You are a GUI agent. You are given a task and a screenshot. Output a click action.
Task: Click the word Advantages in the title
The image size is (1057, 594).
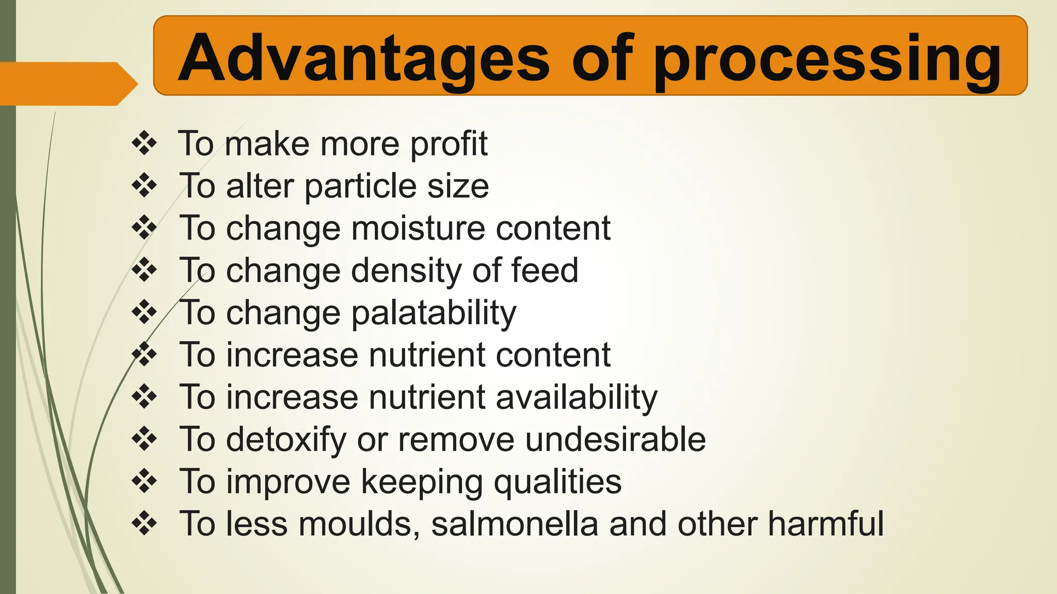pyautogui.click(x=363, y=58)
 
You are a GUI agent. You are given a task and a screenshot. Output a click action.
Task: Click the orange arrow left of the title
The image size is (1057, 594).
pyautogui.click(x=67, y=84)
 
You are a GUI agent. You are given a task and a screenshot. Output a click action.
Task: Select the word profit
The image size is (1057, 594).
pyautogui.click(x=449, y=144)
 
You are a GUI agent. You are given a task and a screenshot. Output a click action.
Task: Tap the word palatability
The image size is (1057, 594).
pyautogui.click(x=434, y=313)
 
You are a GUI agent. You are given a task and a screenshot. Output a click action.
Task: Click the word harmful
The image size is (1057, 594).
pyautogui.click(x=825, y=524)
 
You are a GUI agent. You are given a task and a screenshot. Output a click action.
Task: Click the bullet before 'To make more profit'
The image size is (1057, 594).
pyautogui.click(x=145, y=143)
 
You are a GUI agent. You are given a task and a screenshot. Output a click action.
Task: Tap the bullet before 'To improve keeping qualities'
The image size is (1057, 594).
pyautogui.click(x=145, y=482)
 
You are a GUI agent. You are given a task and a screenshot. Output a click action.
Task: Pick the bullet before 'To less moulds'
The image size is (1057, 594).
pyautogui.click(x=145, y=524)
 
